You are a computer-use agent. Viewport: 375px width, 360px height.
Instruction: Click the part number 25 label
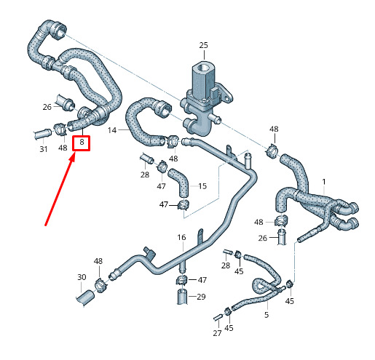pos(204,45)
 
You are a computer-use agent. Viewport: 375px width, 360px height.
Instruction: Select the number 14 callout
pos(112,130)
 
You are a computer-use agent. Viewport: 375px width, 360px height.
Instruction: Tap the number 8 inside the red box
pos(82,142)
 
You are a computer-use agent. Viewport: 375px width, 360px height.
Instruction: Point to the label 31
pos(44,149)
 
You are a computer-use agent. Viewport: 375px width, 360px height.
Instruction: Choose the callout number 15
pos(202,186)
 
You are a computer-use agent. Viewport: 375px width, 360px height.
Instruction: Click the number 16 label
pos(181,237)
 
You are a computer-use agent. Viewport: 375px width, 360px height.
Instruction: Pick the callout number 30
pos(82,277)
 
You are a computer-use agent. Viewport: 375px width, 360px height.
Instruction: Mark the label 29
pos(201,297)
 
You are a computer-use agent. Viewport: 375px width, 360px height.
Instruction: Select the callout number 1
pos(324,182)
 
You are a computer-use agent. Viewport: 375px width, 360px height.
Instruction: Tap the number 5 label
pos(267,315)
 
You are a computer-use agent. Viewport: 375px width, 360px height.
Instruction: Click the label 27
pos(217,333)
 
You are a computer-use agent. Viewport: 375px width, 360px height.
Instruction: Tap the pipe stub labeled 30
pos(85,297)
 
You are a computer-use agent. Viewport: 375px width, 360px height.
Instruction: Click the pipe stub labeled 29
pos(182,296)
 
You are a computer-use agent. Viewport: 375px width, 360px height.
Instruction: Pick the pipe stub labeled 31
pos(42,134)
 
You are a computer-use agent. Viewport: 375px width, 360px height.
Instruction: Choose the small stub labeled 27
pos(218,317)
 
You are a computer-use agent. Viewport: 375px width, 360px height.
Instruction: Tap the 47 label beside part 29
pos(202,280)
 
